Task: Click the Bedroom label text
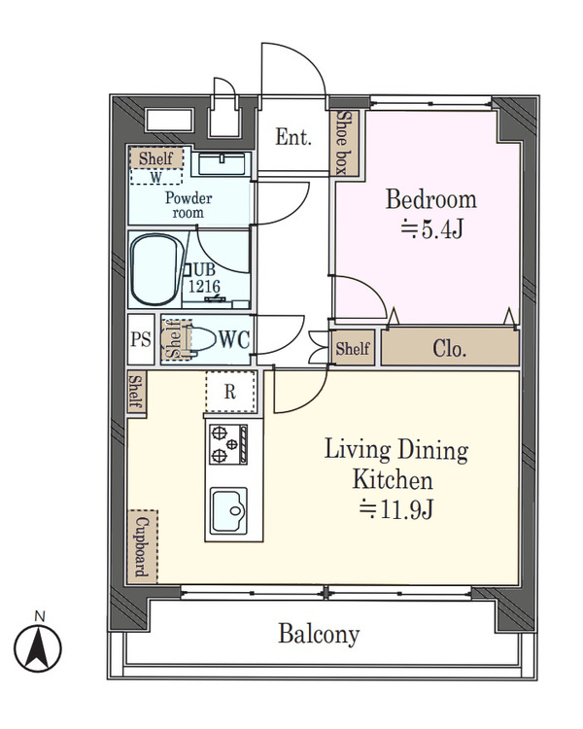click(x=431, y=200)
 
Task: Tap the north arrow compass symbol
click(x=38, y=647)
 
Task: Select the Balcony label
click(x=319, y=634)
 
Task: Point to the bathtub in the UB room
click(x=156, y=269)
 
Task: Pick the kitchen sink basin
click(x=228, y=510)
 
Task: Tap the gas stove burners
click(x=227, y=444)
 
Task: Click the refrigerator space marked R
click(x=230, y=392)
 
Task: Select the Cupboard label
click(x=142, y=547)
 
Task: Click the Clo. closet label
click(x=449, y=348)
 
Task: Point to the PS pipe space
click(x=140, y=339)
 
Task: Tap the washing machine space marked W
click(x=156, y=177)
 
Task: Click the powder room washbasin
click(x=223, y=163)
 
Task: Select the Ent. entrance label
click(x=293, y=137)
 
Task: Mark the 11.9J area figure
click(x=396, y=509)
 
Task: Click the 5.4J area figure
click(x=431, y=229)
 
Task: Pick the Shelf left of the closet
click(x=353, y=348)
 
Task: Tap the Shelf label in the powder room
click(x=155, y=158)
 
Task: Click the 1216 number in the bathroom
click(x=204, y=287)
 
